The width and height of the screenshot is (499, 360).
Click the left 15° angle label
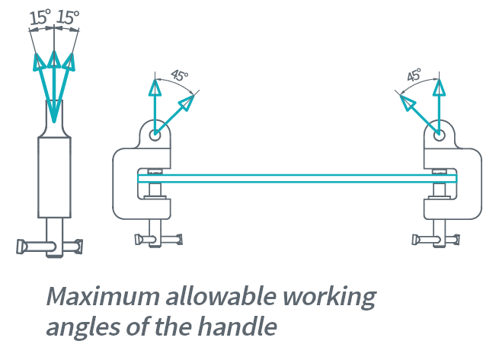pos(40,17)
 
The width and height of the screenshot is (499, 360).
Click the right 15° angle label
pos(69,17)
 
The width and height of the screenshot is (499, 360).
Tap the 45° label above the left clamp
pos(179,77)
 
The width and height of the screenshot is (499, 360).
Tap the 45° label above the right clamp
pos(414,77)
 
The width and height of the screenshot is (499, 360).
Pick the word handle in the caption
pos(242,327)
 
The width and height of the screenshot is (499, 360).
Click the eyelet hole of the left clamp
pos(155,135)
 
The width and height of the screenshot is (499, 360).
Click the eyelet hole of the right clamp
pos(438,135)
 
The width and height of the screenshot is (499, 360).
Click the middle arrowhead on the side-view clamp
pos(54,59)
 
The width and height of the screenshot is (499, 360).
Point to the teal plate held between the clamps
pos(297,179)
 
